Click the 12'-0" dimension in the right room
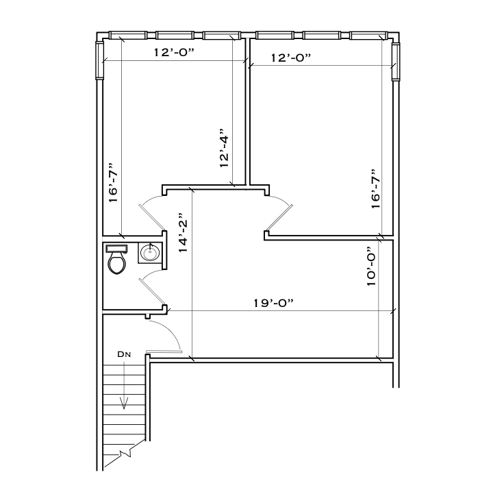click(291, 58)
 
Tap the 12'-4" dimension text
click(223, 147)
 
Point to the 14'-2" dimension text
click(182, 232)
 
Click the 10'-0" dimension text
click(372, 267)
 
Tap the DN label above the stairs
click(123, 354)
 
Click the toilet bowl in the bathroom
click(117, 263)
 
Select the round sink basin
click(150, 254)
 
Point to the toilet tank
click(117, 248)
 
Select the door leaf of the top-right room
click(280, 219)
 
